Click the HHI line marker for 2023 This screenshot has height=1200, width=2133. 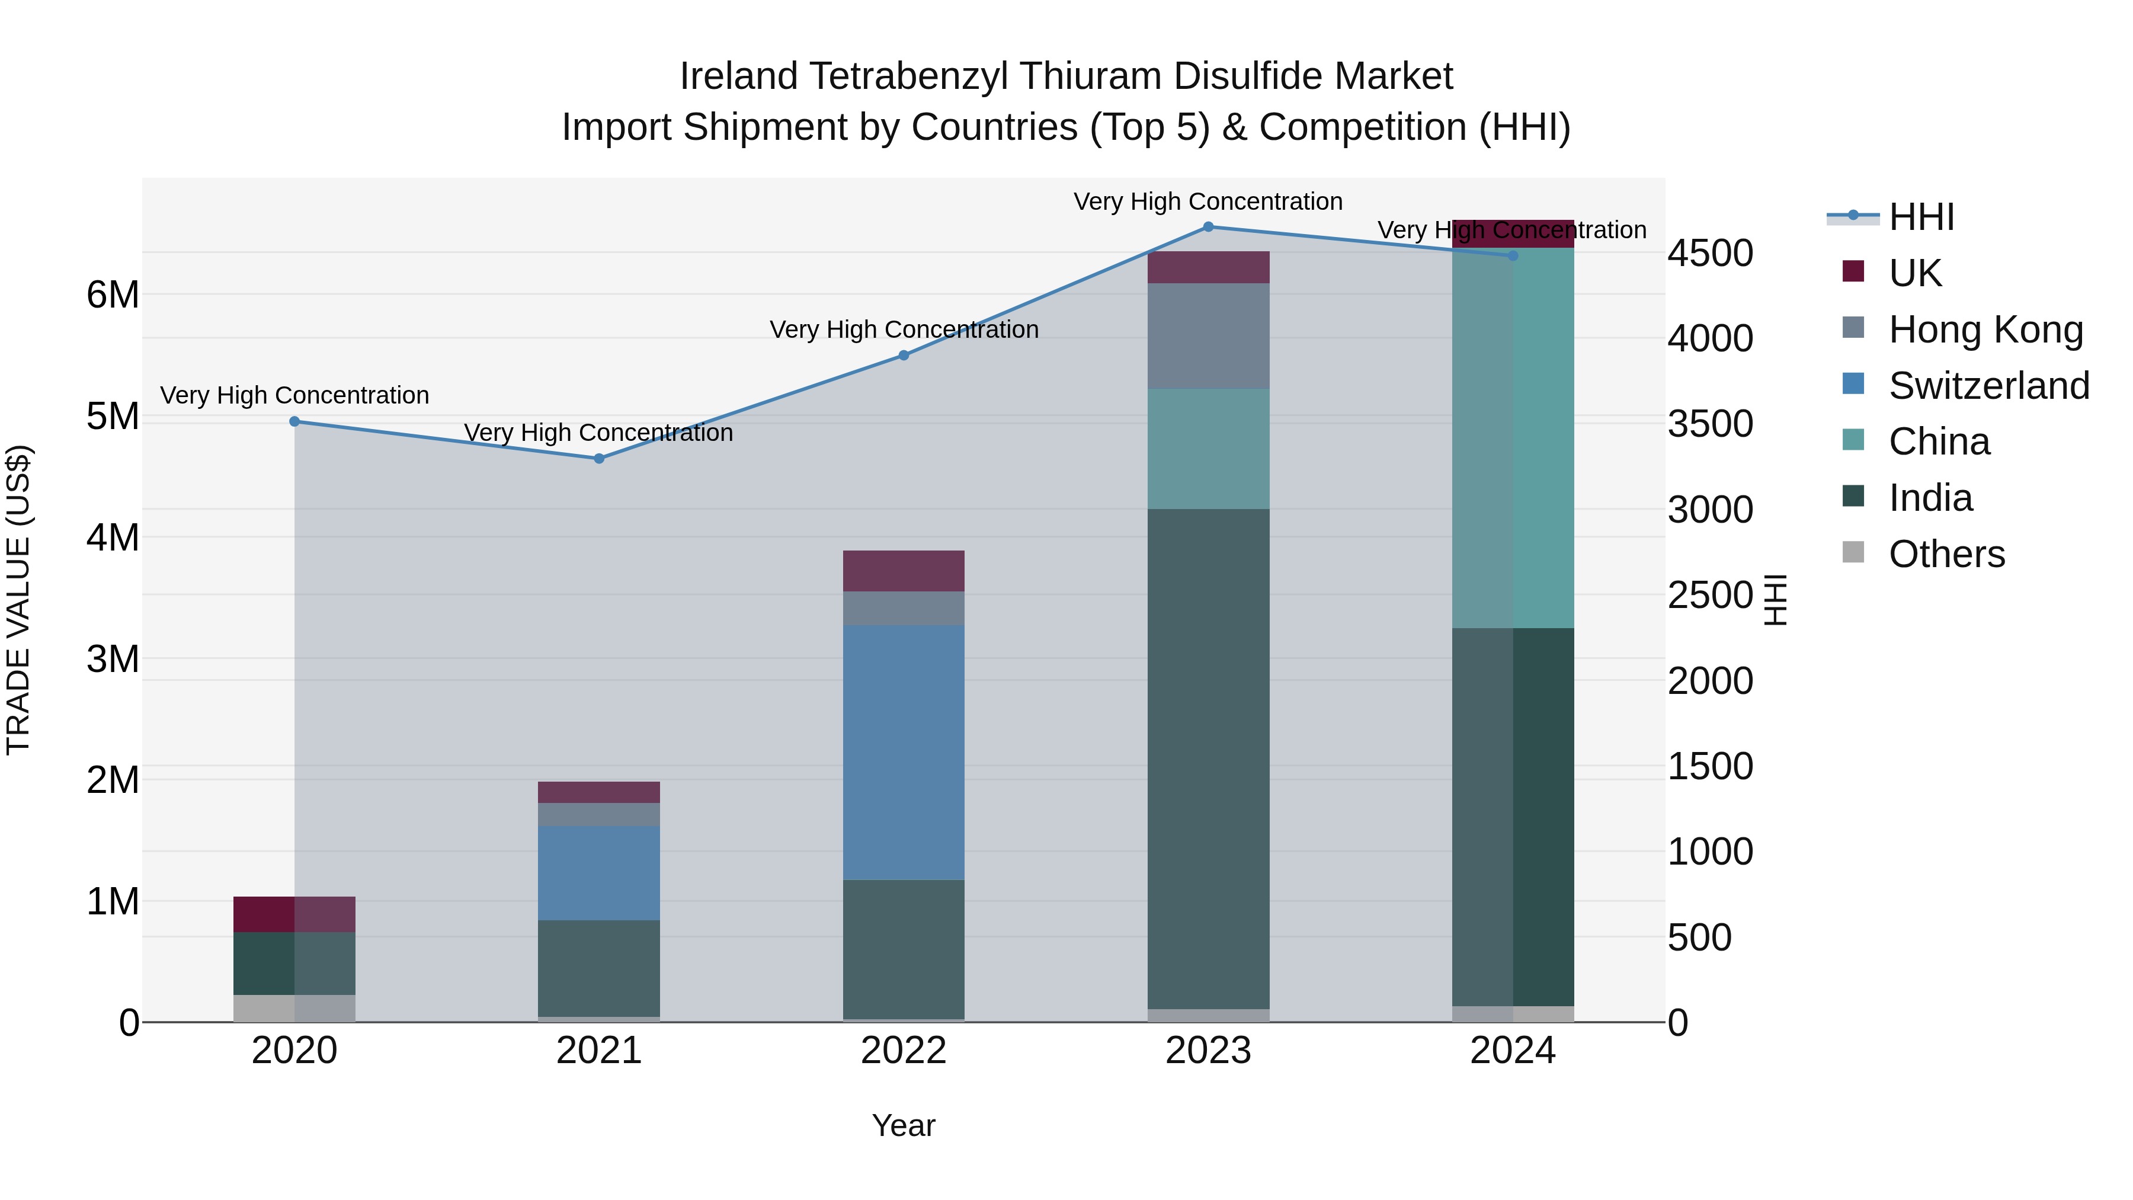[1208, 227]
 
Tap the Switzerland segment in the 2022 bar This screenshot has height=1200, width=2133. [904, 752]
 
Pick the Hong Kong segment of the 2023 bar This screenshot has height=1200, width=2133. [1208, 336]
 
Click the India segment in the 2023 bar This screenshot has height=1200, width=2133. [1208, 758]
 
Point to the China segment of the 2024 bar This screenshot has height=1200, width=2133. [1513, 437]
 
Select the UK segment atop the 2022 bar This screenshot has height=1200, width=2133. [904, 571]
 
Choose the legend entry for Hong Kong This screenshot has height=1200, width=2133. [1985, 329]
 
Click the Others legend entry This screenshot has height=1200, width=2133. [1946, 554]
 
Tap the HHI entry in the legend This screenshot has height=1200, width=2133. [1921, 217]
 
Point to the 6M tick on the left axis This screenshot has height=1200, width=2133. [113, 295]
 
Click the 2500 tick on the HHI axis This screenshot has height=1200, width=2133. [1710, 596]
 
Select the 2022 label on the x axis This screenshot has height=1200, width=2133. [904, 1051]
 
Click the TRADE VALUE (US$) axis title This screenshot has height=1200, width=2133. [19, 600]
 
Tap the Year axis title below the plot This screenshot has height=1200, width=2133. [904, 1125]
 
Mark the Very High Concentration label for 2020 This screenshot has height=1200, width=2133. [295, 395]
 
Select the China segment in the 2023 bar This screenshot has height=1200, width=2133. [1208, 449]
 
